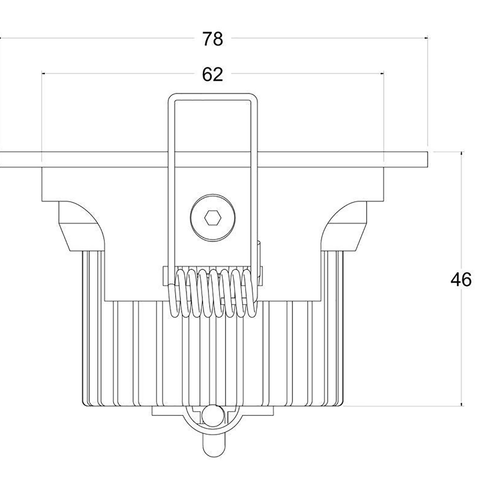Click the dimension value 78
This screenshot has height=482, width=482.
(212, 39)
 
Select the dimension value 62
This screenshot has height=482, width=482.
(212, 75)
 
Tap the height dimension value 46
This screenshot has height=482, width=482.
(461, 280)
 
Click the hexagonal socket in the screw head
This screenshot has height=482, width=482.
(212, 219)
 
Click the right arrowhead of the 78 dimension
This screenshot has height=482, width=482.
(427, 38)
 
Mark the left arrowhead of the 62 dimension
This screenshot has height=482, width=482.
(43, 74)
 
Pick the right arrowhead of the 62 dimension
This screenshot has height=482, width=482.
(382, 74)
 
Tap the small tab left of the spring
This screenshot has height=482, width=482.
(165, 276)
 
